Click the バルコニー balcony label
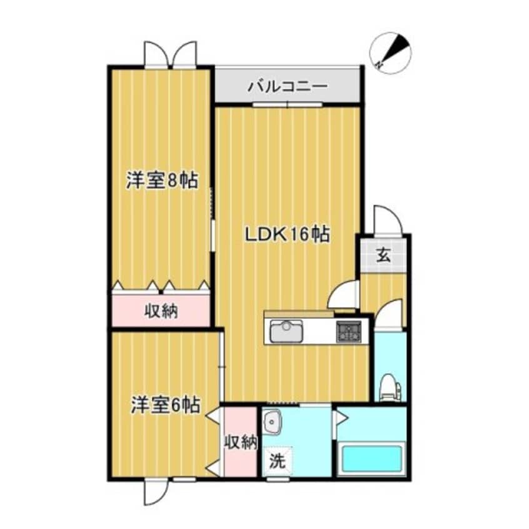pos(287,86)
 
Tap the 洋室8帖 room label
pos(162,181)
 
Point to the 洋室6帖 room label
pos(165,405)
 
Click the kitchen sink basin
pos(286,331)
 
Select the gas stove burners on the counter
pos(349,331)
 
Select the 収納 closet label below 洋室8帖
pos(161,311)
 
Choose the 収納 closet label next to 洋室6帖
pos(241,442)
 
